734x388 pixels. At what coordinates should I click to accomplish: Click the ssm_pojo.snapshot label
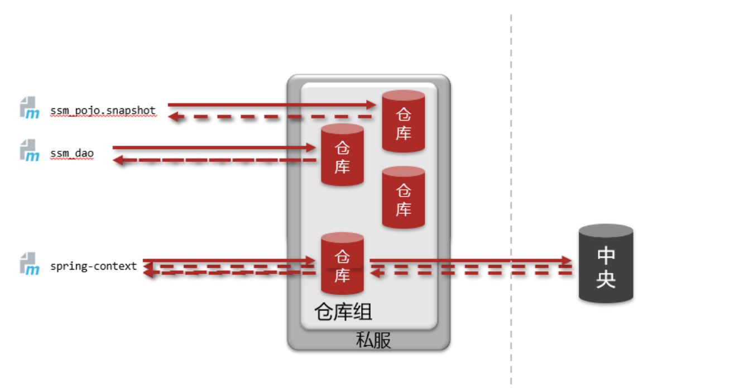[x=103, y=110]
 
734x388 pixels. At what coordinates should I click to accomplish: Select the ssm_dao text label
[x=72, y=153]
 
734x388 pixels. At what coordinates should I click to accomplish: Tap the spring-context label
[x=93, y=266]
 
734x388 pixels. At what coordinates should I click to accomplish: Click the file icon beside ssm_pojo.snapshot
[x=30, y=107]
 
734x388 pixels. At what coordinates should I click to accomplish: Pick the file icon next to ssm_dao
[x=30, y=150]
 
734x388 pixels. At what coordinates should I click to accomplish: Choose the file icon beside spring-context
[x=30, y=264]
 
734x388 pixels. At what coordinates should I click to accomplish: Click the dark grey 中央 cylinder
[x=606, y=264]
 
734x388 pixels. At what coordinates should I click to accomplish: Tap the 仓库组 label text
[x=343, y=312]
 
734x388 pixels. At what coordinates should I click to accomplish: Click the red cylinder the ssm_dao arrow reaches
[x=342, y=155]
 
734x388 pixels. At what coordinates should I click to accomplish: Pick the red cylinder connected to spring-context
[x=342, y=264]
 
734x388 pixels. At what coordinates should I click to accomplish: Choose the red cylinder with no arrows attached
[x=404, y=198]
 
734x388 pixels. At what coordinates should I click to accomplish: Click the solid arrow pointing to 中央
[x=469, y=260]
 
